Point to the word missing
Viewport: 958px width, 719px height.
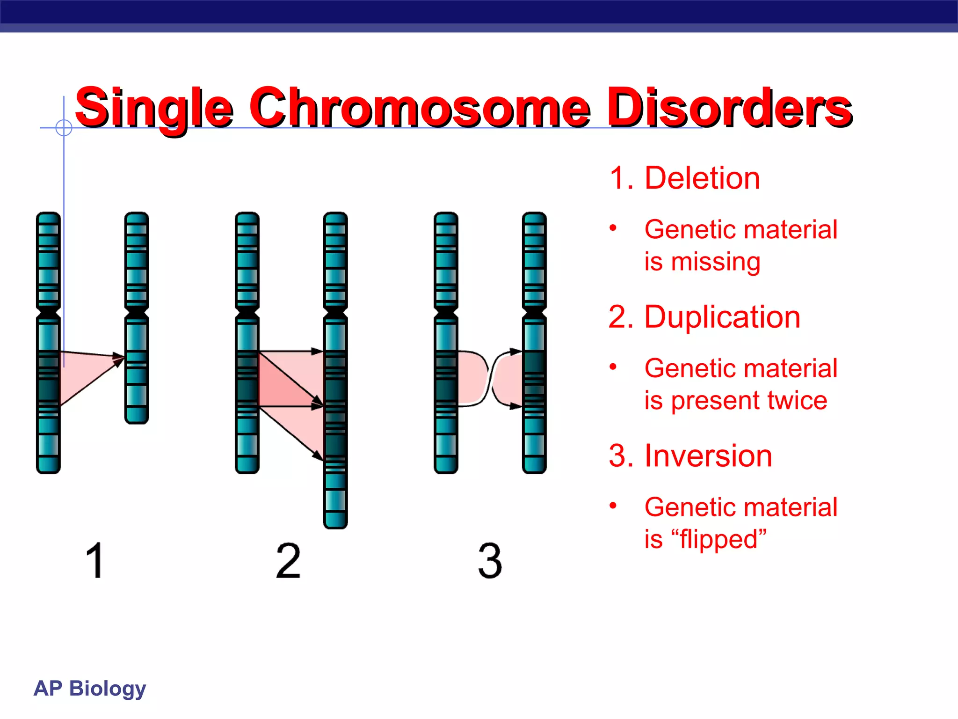tap(715, 262)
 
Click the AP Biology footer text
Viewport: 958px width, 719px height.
tap(90, 688)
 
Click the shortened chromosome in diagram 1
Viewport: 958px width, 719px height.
tap(137, 318)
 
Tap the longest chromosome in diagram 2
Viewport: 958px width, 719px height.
tap(335, 370)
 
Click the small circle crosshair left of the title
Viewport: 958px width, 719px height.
tap(64, 127)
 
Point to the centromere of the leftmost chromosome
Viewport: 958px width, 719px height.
tap(48, 311)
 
